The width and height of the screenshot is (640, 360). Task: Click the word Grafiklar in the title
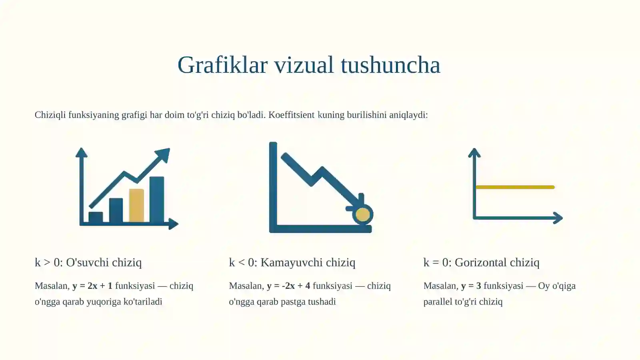tap(222, 65)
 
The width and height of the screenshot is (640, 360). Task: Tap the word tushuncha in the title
tap(390, 65)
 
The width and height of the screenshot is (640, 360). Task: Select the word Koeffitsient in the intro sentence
tap(291, 115)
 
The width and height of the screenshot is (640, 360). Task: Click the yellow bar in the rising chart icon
tap(136, 205)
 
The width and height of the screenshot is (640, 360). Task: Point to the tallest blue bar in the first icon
tap(157, 199)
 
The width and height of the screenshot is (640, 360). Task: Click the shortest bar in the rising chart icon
tap(96, 217)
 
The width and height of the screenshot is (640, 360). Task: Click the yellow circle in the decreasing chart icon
tap(363, 215)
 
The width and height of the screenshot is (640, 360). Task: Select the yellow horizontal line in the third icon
tap(515, 187)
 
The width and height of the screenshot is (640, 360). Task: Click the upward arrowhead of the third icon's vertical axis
tap(474, 152)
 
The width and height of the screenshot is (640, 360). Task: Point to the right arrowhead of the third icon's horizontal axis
tap(558, 218)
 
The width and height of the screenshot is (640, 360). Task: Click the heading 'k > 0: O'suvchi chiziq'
tap(88, 262)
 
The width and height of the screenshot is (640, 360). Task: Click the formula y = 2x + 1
tap(92, 286)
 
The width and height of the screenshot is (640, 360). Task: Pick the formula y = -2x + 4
tap(288, 286)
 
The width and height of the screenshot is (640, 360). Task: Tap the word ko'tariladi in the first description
tap(143, 302)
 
